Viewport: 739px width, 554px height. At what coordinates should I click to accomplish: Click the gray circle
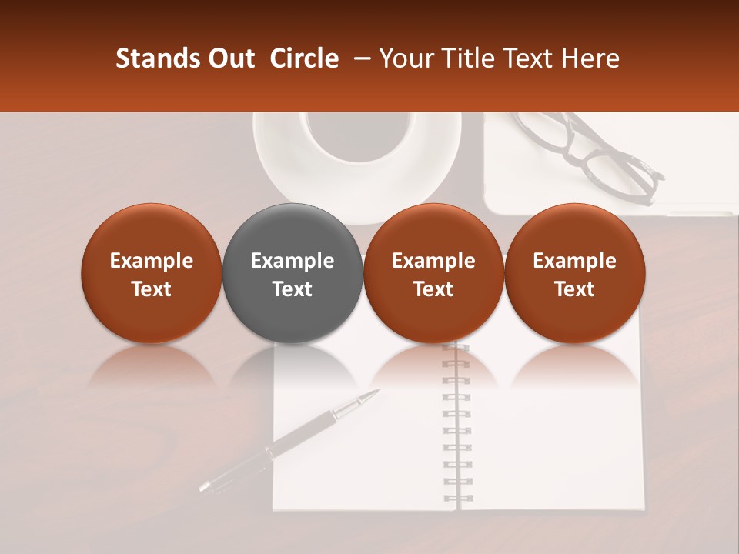[292, 274]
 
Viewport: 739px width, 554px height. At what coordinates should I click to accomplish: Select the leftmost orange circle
[151, 274]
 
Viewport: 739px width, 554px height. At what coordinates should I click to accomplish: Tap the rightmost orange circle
[574, 274]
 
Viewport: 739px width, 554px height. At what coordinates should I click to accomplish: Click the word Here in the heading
[592, 58]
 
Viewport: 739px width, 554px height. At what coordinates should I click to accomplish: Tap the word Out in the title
[229, 58]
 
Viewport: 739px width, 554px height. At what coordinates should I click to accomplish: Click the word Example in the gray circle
[293, 261]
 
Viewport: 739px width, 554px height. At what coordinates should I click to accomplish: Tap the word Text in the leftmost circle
[151, 289]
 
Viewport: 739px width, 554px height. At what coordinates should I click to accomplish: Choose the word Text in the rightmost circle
[574, 289]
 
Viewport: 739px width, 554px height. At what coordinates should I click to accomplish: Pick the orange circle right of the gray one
[433, 274]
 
